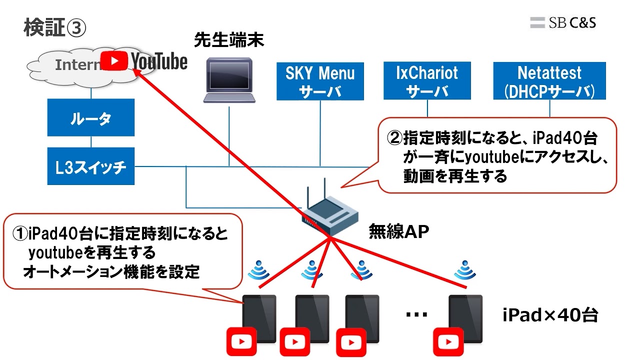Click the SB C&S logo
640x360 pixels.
click(563, 22)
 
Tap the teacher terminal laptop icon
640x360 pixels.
click(230, 80)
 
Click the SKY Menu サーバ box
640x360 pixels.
click(320, 81)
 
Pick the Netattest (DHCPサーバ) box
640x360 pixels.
click(549, 81)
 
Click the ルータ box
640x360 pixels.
click(91, 118)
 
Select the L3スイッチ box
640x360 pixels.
click(91, 166)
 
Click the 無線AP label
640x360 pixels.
click(399, 231)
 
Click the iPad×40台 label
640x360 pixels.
click(550, 315)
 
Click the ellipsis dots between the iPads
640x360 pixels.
click(416, 314)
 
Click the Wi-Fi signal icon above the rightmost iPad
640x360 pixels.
click(465, 271)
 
